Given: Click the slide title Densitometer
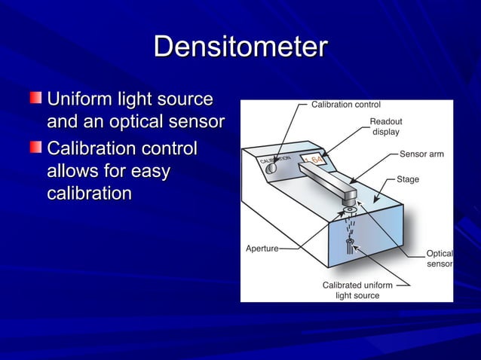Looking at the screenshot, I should click(x=240, y=48).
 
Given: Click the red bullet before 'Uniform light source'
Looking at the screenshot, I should click(x=37, y=99).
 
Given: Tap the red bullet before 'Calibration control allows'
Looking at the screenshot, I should click(x=37, y=147).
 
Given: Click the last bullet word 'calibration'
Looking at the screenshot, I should click(x=89, y=194).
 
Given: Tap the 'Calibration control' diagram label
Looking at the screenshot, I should click(x=346, y=105).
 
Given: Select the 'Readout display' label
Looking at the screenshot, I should click(x=385, y=127).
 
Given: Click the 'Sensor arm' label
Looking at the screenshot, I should click(x=421, y=154).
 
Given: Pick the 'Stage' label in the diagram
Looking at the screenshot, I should click(x=408, y=180).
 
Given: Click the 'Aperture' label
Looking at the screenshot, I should click(x=262, y=248).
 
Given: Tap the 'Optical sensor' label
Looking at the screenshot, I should click(x=439, y=259).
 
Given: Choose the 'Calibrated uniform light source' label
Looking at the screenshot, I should click(x=357, y=291).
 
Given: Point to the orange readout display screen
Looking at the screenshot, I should click(x=315, y=160).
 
